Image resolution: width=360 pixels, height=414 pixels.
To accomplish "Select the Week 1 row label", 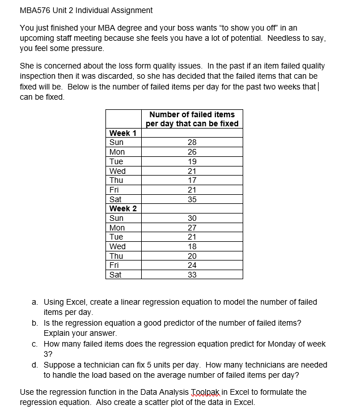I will click(x=122, y=133).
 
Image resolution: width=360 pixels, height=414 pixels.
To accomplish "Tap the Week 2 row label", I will click(x=122, y=208).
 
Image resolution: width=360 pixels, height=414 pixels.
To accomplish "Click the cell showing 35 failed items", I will click(x=192, y=199).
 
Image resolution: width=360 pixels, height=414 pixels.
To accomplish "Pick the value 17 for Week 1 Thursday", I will click(x=192, y=180).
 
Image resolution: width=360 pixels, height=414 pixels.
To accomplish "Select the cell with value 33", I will click(x=192, y=275).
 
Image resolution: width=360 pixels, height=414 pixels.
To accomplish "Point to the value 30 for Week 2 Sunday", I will click(x=192, y=218).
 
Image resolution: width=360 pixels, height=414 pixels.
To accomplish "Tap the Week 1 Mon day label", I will click(x=117, y=152).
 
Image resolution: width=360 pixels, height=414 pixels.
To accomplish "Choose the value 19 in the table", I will click(x=192, y=161).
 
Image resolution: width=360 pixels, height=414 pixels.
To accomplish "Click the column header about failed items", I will click(x=192, y=119).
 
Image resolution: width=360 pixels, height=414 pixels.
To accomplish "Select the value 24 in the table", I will click(x=192, y=265).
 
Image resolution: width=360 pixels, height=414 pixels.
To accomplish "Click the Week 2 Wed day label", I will click(x=117, y=246).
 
